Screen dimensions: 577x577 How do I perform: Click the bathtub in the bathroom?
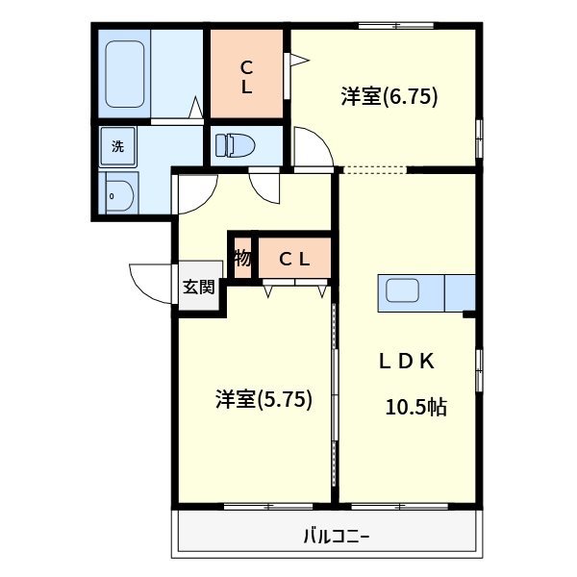coord(125,73)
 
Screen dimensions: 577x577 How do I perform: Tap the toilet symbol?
coord(237,145)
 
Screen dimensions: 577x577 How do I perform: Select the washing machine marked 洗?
coord(118,147)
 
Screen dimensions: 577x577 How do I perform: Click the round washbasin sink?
coord(119,194)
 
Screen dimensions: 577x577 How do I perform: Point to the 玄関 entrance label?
coord(199,287)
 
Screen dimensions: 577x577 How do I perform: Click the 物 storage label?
coord(242,258)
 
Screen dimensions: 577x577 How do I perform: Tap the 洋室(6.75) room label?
coord(389,96)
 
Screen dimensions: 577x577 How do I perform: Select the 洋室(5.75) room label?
coord(263,399)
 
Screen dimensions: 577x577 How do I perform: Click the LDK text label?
coord(406,362)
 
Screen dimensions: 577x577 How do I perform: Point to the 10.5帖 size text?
coord(415,406)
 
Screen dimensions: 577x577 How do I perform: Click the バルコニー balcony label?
coord(337,536)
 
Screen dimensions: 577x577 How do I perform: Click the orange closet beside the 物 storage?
coord(294,258)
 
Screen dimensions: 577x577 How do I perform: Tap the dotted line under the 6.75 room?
coord(374,171)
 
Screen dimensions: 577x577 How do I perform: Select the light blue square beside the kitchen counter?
coord(461,293)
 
